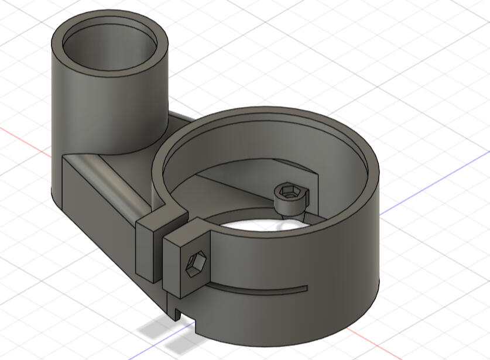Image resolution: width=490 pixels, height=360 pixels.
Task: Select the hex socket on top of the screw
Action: click(x=289, y=191)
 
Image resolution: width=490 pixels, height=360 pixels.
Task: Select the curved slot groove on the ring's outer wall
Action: click(x=252, y=290)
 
